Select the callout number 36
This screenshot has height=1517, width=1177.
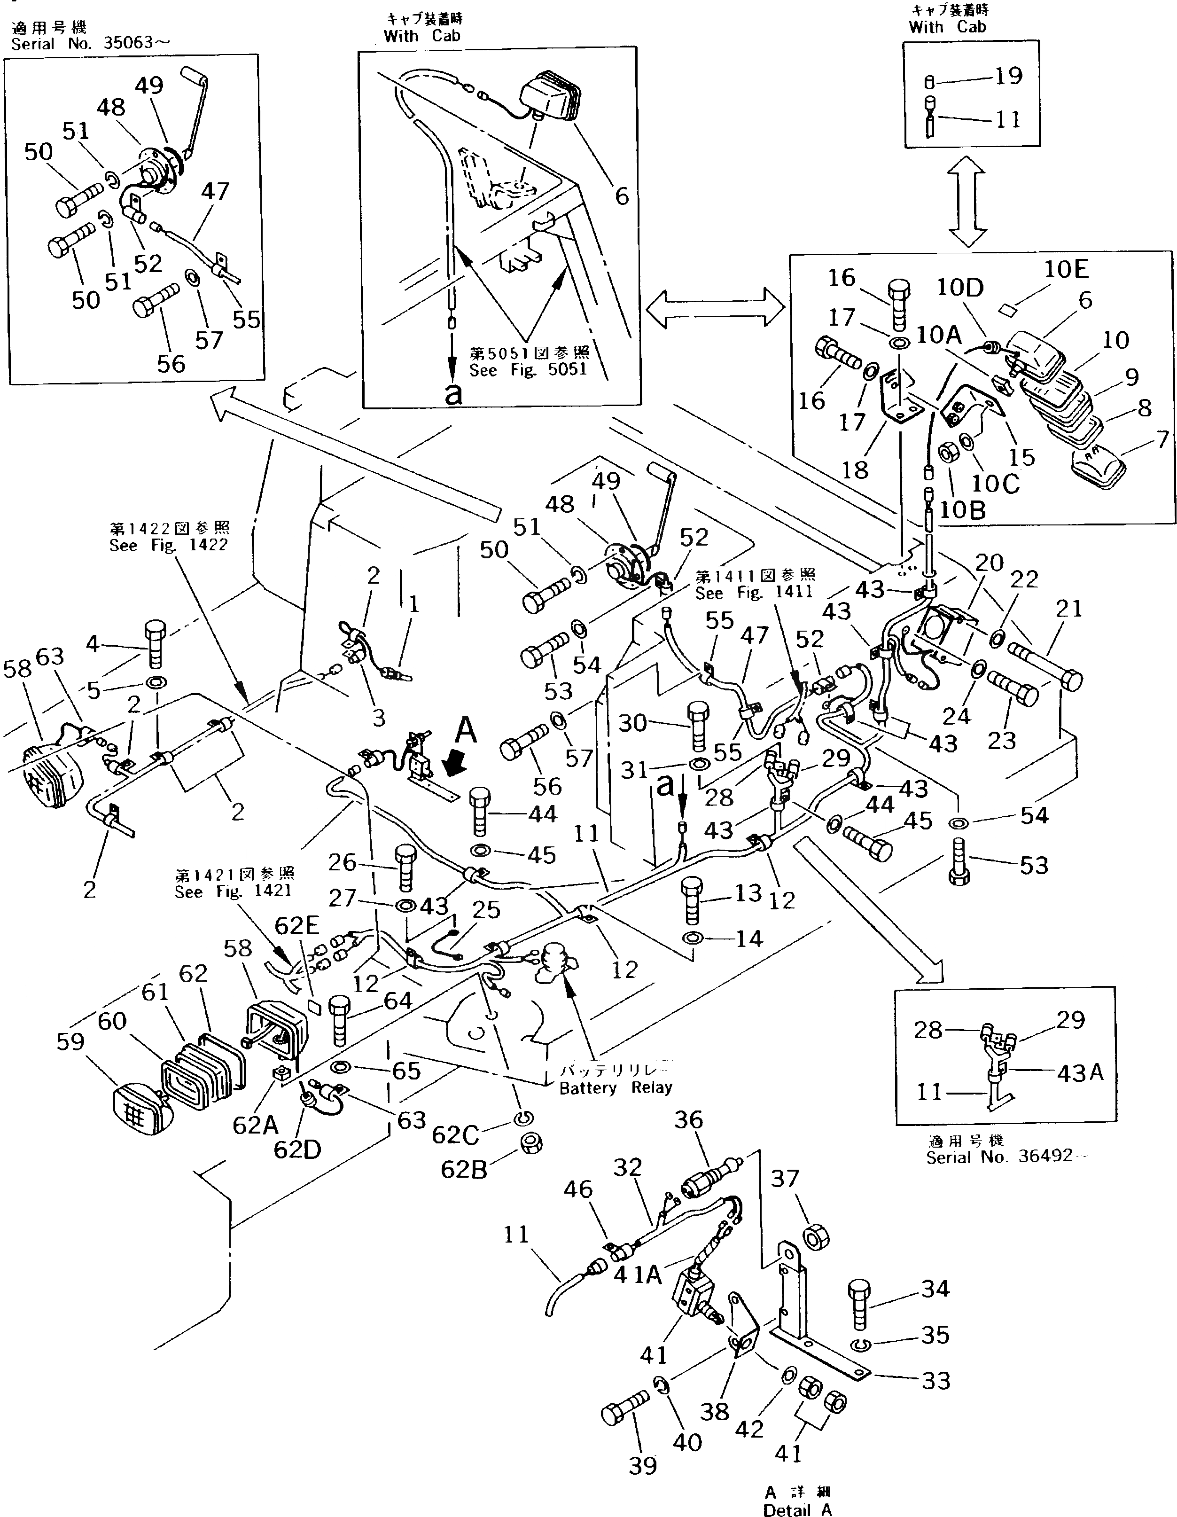click(x=688, y=1120)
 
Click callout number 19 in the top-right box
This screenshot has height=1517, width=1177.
click(x=1008, y=75)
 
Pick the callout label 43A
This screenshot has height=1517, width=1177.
click(x=1080, y=1073)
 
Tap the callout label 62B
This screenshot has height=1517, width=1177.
click(x=464, y=1170)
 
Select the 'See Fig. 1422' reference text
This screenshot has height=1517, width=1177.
click(x=168, y=545)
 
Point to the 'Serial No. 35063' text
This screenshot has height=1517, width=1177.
click(x=90, y=44)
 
